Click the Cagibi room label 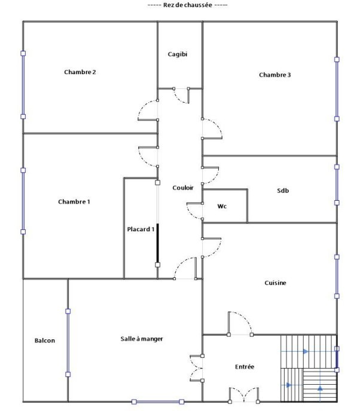click(178, 54)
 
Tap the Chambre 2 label click(80, 72)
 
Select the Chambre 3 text click(274, 75)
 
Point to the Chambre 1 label click(74, 201)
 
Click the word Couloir click(183, 188)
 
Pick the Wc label click(222, 206)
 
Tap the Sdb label click(283, 191)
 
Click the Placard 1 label click(141, 229)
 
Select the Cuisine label click(275, 283)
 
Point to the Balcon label click(45, 341)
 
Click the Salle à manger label click(142, 339)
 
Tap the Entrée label click(245, 367)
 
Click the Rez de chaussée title click(187, 5)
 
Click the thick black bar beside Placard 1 click(158, 243)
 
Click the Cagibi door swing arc click(180, 99)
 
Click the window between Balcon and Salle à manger click(68, 343)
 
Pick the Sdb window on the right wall click(337, 185)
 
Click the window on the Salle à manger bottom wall click(158, 401)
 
